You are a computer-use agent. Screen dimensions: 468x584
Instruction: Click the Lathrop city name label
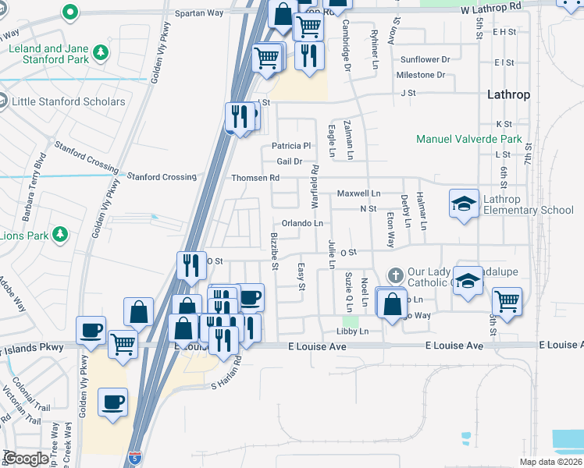tap(508, 94)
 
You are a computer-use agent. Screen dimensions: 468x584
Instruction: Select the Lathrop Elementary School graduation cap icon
tap(464, 204)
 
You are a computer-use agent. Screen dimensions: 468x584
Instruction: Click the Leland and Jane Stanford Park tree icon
tap(100, 53)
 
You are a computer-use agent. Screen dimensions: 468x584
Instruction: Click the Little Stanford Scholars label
tap(69, 101)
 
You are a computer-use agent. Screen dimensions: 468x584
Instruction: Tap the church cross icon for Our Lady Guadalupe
tap(395, 276)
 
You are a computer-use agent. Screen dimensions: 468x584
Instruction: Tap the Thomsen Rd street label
tap(255, 178)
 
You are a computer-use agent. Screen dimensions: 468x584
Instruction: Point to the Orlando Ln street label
tap(302, 223)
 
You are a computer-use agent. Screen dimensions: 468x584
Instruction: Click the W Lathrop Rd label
tap(490, 6)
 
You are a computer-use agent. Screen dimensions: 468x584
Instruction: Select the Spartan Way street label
tap(198, 13)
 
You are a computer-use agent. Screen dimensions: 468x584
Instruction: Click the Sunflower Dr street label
tap(426, 59)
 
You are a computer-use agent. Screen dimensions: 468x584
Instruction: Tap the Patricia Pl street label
tap(291, 146)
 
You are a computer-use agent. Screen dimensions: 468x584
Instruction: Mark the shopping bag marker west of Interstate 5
tap(138, 311)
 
